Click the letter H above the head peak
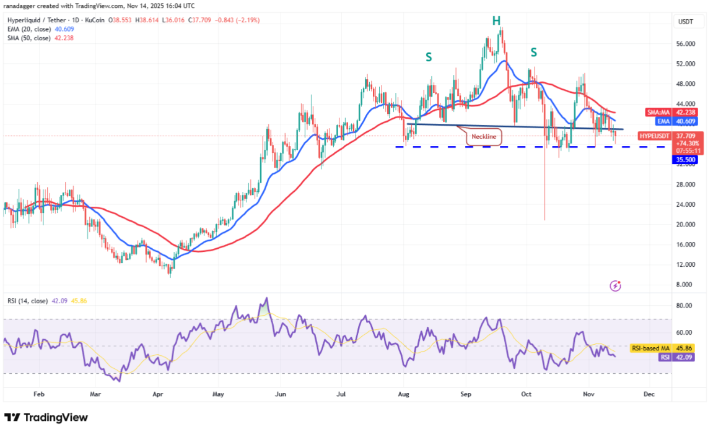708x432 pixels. [496, 21]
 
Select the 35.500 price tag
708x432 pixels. [684, 160]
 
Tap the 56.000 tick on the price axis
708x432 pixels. [684, 44]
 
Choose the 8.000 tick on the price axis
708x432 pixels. [684, 285]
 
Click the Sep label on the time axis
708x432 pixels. [466, 394]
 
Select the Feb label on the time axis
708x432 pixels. [38, 394]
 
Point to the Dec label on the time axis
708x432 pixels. [649, 394]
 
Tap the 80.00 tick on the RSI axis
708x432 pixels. [684, 306]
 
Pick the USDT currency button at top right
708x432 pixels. [686, 22]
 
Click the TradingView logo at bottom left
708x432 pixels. [46, 417]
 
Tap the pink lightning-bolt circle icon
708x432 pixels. [615, 286]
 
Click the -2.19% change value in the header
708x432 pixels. [247, 20]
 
